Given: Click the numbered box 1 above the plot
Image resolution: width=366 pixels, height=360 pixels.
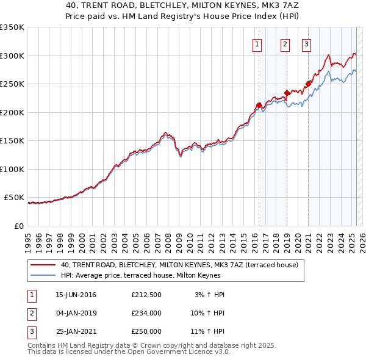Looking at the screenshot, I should (x=257, y=43).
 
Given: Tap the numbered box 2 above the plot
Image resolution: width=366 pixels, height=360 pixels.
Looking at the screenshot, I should (x=285, y=43).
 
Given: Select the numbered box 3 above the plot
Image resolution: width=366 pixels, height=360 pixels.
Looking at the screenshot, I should (x=306, y=43).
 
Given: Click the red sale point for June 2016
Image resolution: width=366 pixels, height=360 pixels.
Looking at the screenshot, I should (x=259, y=105).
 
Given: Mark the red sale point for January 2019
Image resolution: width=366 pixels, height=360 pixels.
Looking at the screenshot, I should (x=287, y=93).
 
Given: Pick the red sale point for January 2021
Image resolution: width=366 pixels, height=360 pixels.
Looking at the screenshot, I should (x=309, y=84).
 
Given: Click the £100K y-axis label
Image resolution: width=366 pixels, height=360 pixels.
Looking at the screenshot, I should (x=12, y=169).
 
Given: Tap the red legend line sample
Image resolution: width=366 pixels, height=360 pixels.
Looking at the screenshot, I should (x=43, y=265).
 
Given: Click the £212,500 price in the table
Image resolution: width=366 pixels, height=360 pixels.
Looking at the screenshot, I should (x=146, y=295).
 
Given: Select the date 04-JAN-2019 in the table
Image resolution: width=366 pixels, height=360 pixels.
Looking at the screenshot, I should (x=76, y=313).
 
